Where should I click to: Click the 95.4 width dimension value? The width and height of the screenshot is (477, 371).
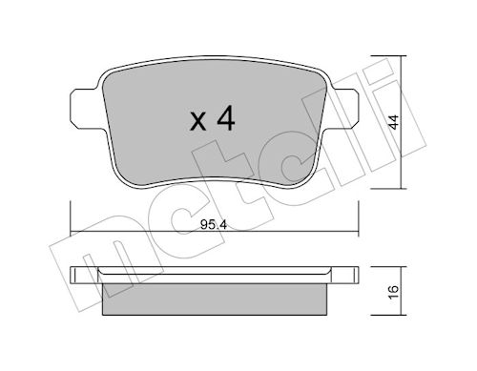[214, 225]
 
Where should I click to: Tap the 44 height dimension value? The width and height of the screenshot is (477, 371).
[394, 122]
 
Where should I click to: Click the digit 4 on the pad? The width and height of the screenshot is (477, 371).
[226, 118]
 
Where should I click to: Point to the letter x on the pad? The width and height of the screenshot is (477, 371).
[197, 122]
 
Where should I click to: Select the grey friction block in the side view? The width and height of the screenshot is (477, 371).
[215, 299]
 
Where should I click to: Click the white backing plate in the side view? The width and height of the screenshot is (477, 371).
[215, 275]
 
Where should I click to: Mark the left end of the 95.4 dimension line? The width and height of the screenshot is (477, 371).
[71, 232]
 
